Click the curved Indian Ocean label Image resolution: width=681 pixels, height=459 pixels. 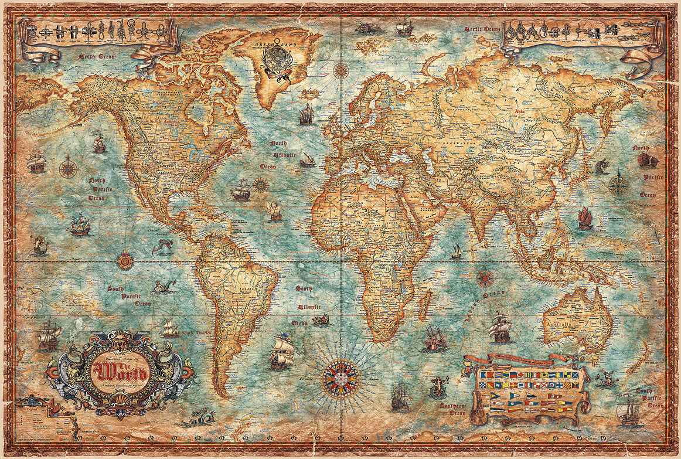point(485,304)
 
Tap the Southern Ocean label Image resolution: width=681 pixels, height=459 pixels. point(452,408)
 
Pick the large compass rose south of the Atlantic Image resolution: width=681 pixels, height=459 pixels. point(342,379)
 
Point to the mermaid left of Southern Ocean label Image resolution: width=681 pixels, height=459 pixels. point(436,386)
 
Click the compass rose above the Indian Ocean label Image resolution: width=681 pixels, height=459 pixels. point(484,278)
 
